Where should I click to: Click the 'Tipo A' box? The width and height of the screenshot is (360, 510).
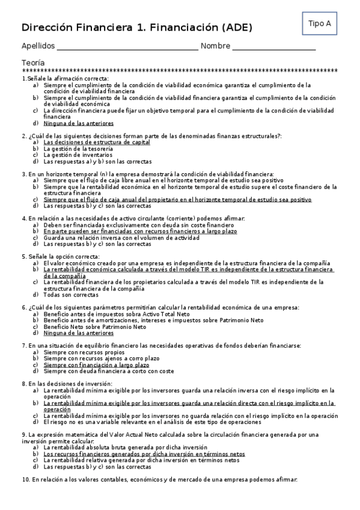pos(319,23)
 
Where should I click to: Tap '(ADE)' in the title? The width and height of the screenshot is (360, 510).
pos(231,27)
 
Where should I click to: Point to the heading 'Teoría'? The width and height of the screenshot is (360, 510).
pos(32,63)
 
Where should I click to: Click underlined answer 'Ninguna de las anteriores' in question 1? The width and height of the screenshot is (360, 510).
pos(79,123)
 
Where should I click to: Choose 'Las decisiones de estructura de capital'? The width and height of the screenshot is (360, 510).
pos(97,143)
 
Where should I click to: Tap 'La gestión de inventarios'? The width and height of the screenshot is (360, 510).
pos(78,155)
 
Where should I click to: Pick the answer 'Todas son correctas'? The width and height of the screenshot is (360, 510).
pos(71,295)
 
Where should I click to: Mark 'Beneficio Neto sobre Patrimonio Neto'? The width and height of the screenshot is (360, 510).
pos(95,327)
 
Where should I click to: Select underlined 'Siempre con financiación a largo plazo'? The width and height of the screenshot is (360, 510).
pos(96,364)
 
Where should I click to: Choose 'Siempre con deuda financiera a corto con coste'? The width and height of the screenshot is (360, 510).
pos(108,371)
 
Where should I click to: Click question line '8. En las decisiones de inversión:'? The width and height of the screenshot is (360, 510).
pos(67,384)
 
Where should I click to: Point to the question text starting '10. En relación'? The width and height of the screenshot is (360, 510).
pos(159,479)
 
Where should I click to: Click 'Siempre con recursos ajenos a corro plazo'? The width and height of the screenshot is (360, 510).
pos(101,358)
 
